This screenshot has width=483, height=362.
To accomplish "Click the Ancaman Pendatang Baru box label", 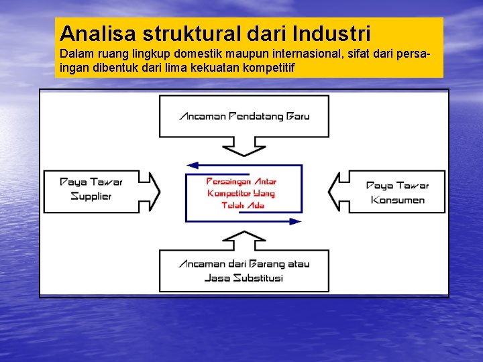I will tap(244, 116).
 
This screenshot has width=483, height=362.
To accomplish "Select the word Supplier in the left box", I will tap(91, 196).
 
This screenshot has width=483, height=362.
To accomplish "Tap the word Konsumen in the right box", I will tap(398, 200).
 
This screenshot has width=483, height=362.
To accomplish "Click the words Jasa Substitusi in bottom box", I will tap(244, 278).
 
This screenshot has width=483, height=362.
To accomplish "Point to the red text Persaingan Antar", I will tap(241, 181).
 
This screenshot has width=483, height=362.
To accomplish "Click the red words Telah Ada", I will tap(243, 205).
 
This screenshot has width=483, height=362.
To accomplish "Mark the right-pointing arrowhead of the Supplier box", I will tap(154, 191).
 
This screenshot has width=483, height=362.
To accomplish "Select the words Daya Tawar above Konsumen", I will tap(397, 185).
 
